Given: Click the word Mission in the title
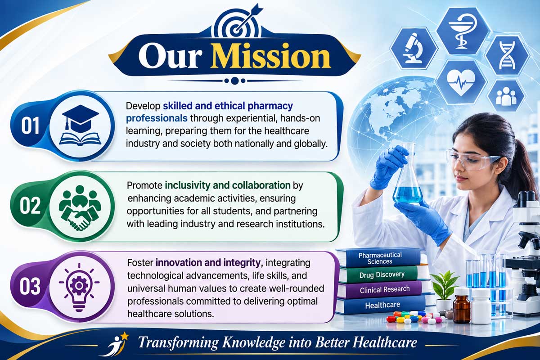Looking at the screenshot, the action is point(270,56).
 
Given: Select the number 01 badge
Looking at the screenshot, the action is point(30,126).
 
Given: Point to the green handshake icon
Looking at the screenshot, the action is point(80,207).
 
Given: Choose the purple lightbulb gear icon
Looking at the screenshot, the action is point(79,287).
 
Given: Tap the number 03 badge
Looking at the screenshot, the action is point(30,287).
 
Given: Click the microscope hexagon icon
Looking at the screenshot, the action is point(414,48).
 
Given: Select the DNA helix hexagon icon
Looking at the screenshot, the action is point(507,55).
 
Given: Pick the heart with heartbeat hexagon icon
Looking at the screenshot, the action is point(461,82).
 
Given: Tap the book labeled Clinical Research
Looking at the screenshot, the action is point(384,289).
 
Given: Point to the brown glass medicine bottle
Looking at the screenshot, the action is point(461,306).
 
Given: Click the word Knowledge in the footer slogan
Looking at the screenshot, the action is point(253,342).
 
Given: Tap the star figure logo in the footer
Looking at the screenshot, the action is point(115,344).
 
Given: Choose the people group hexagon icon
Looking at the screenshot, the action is point(506,96).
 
